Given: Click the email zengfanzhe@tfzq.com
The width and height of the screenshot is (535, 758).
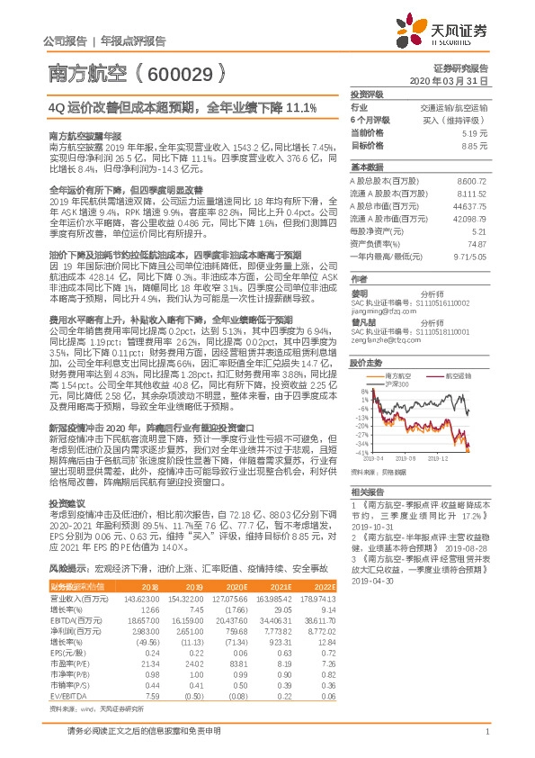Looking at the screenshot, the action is (x=385, y=340).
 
